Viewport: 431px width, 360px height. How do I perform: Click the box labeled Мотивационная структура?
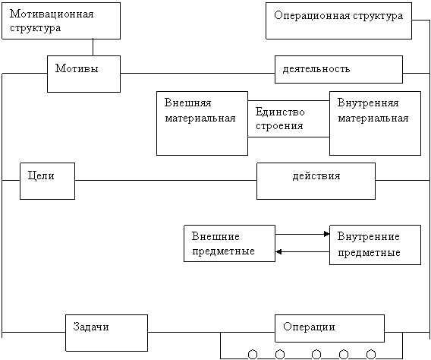[x=61, y=21]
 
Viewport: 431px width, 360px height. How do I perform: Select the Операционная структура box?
[x=338, y=21]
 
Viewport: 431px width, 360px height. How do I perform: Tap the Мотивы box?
[x=83, y=74]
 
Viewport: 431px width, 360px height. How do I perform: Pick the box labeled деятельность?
[x=338, y=69]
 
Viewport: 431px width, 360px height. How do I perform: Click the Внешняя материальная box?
[x=202, y=123]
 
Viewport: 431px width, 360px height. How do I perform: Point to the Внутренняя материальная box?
[x=375, y=123]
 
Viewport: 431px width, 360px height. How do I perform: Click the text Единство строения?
[x=280, y=118]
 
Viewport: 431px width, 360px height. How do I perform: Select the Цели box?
[x=47, y=181]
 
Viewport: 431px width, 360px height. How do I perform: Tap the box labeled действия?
[x=316, y=181]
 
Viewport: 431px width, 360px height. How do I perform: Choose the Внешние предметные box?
[x=229, y=243]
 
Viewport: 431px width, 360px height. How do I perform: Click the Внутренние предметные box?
[x=375, y=245]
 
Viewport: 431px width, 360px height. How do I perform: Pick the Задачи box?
[x=107, y=333]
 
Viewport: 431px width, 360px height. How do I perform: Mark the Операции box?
[x=329, y=328]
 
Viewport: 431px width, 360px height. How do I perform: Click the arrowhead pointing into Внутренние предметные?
[x=327, y=234]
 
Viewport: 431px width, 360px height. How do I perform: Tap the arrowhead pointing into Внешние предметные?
[x=278, y=251]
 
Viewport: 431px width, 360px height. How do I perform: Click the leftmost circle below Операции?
[x=253, y=355]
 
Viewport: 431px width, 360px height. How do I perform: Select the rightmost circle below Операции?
[x=371, y=355]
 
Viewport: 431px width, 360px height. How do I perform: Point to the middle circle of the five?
[x=316, y=355]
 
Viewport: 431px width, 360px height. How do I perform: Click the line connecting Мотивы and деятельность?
[x=197, y=74]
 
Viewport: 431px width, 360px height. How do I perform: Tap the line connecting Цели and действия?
[x=165, y=181]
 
